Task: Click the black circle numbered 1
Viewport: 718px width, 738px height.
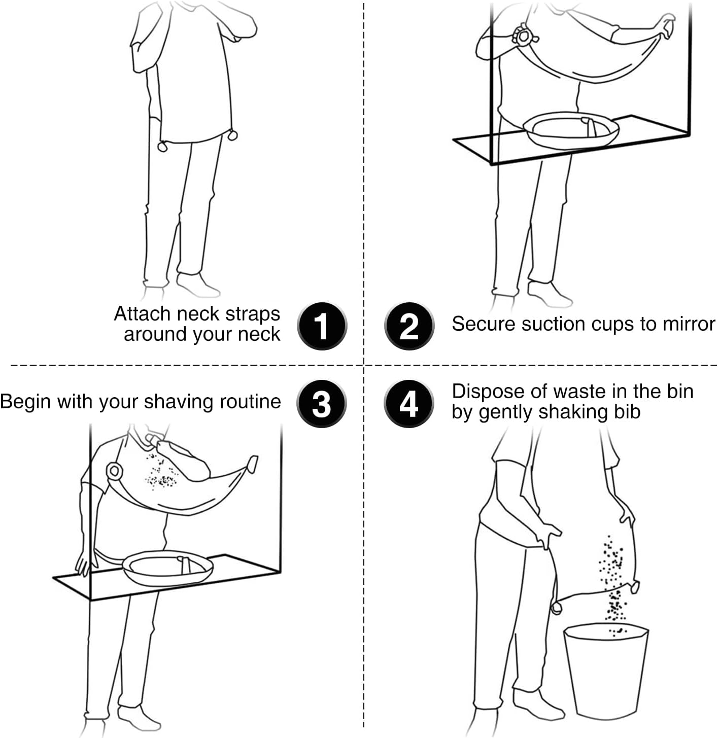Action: (322, 326)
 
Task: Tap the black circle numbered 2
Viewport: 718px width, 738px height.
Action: (409, 326)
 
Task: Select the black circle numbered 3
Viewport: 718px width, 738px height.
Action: (321, 404)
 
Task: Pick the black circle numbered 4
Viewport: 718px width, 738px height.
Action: (408, 404)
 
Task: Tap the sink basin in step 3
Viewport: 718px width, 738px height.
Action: (167, 568)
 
